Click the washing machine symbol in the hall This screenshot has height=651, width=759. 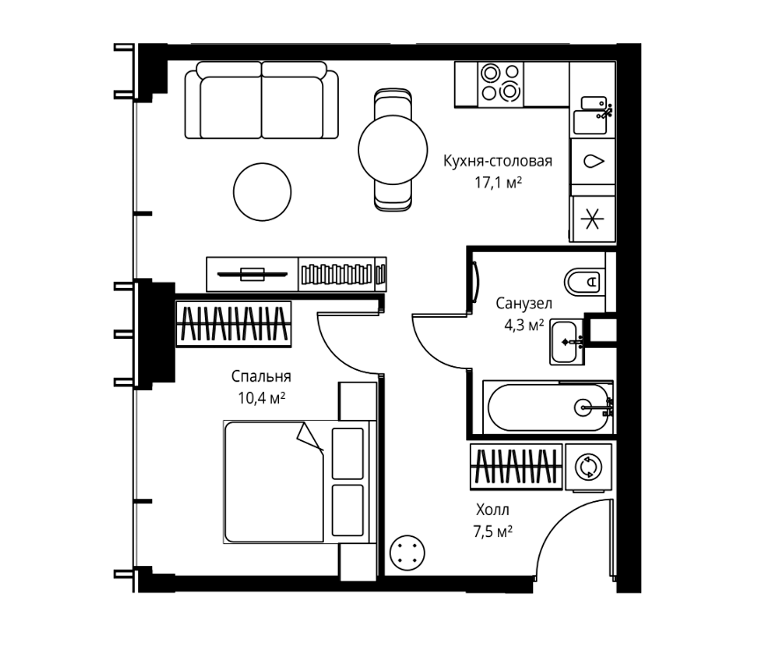pyautogui.click(x=589, y=467)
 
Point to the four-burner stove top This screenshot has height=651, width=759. pyautogui.click(x=500, y=84)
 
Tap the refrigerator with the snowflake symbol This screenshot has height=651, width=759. pyautogui.click(x=593, y=219)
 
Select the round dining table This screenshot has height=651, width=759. pyautogui.click(x=393, y=150)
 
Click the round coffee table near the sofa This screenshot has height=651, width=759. pyautogui.click(x=262, y=192)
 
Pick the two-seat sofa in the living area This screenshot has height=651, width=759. pyautogui.click(x=262, y=100)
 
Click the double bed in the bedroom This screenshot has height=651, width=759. pyautogui.click(x=300, y=482)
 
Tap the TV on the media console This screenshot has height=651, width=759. pyautogui.click(x=252, y=274)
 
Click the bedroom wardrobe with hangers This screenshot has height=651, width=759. pyautogui.click(x=234, y=324)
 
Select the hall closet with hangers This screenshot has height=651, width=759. pyautogui.click(x=516, y=467)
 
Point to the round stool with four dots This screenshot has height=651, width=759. pyautogui.click(x=407, y=553)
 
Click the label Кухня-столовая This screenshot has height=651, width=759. pyautogui.click(x=498, y=161)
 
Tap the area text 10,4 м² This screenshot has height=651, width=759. pyautogui.click(x=262, y=398)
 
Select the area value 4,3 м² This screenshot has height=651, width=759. pyautogui.click(x=524, y=325)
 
